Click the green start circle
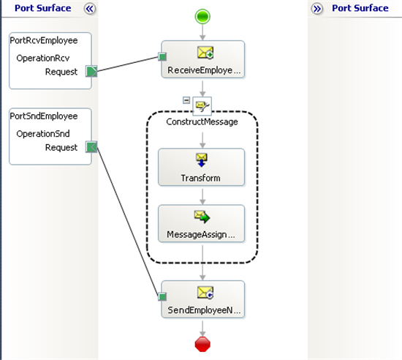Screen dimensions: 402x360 pyautogui.click(x=202, y=17)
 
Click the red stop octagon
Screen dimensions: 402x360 pyautogui.click(x=202, y=344)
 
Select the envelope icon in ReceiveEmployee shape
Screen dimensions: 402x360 pyautogui.click(x=205, y=53)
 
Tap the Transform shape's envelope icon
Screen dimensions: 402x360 pyautogui.click(x=202, y=160)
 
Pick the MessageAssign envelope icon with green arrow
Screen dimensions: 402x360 pyautogui.click(x=202, y=217)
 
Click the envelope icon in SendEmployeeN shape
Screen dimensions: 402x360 pyautogui.click(x=205, y=293)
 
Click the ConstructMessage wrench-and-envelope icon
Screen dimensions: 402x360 pyautogui.click(x=202, y=105)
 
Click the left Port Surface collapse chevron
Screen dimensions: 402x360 pyautogui.click(x=89, y=9)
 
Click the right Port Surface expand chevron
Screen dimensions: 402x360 pyautogui.click(x=317, y=9)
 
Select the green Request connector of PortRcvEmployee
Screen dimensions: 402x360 pyautogui.click(x=91, y=71)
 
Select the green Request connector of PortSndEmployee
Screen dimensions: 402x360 pyautogui.click(x=91, y=147)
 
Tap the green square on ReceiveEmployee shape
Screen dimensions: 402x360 pyautogui.click(x=162, y=56)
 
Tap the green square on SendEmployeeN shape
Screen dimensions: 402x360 pyautogui.click(x=162, y=296)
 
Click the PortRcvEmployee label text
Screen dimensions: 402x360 pyautogui.click(x=44, y=40)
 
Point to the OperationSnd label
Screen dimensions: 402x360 pyautogui.click(x=43, y=134)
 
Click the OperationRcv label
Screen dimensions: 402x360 pyautogui.click(x=43, y=58)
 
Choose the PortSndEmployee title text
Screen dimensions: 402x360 pyautogui.click(x=44, y=116)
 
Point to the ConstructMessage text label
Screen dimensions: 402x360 pyautogui.click(x=202, y=121)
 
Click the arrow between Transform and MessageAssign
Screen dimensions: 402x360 pyautogui.click(x=202, y=197)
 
